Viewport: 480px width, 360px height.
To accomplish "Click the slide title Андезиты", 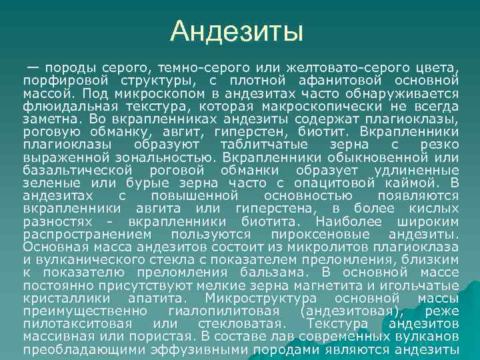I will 237,31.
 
